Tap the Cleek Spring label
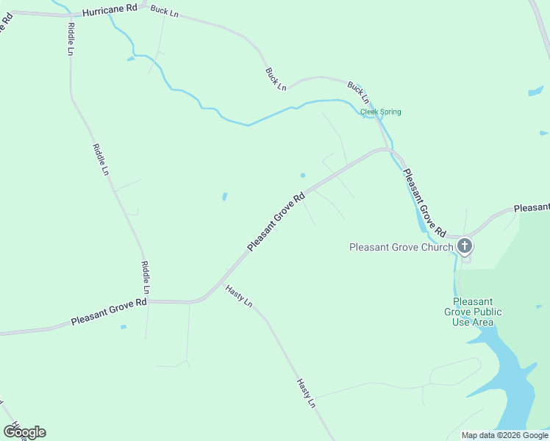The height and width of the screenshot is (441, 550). coord(380,112)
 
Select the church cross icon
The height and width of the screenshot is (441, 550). coord(465,246)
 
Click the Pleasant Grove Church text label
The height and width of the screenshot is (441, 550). coord(401,247)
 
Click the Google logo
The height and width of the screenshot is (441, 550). coord(24,431)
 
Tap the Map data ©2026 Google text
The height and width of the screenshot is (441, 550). coord(504,435)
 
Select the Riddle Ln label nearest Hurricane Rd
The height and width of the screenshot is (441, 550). coord(71,39)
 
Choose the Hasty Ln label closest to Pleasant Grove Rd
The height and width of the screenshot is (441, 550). coord(239,295)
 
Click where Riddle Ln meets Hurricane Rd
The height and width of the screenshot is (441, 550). coord(70,15)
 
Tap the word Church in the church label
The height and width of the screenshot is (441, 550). coord(437,247)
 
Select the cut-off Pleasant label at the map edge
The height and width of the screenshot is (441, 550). coord(531,209)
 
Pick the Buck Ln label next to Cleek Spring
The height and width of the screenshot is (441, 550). coord(358,93)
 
